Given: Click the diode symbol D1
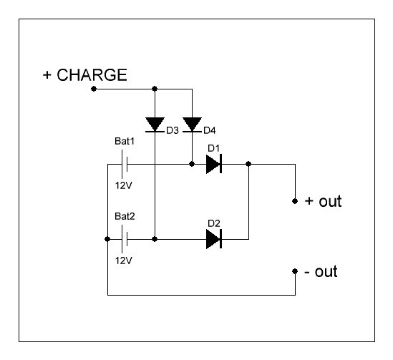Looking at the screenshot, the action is coord(214,164).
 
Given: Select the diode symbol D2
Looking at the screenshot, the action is coord(214,239).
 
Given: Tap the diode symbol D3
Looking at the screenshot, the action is coord(155,125).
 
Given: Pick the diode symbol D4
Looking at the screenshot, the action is coord(193,125).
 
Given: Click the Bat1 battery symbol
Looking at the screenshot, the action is coord(125,164).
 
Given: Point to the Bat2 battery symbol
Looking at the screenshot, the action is coord(125,239).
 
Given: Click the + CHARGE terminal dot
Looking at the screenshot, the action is coord(94,89).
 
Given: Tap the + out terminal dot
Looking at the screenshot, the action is coord(295,201).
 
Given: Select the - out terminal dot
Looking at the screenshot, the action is coord(295,271).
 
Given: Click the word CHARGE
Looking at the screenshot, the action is coord(92,75).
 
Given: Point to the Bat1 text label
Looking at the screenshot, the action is coord(125,141).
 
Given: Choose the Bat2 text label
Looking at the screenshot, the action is coord(125,216).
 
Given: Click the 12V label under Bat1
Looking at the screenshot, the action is coord(124,185).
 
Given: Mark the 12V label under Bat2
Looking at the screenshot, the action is coord(124,261).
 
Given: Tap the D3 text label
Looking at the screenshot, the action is coord(173,130).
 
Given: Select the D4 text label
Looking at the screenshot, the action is coord(210,130).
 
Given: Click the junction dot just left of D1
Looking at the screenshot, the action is coord(192,164).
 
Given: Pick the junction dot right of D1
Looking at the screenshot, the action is coord(248,164).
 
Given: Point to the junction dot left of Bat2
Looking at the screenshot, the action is coord(107,239).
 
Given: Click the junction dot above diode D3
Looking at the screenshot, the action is coord(155,89).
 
